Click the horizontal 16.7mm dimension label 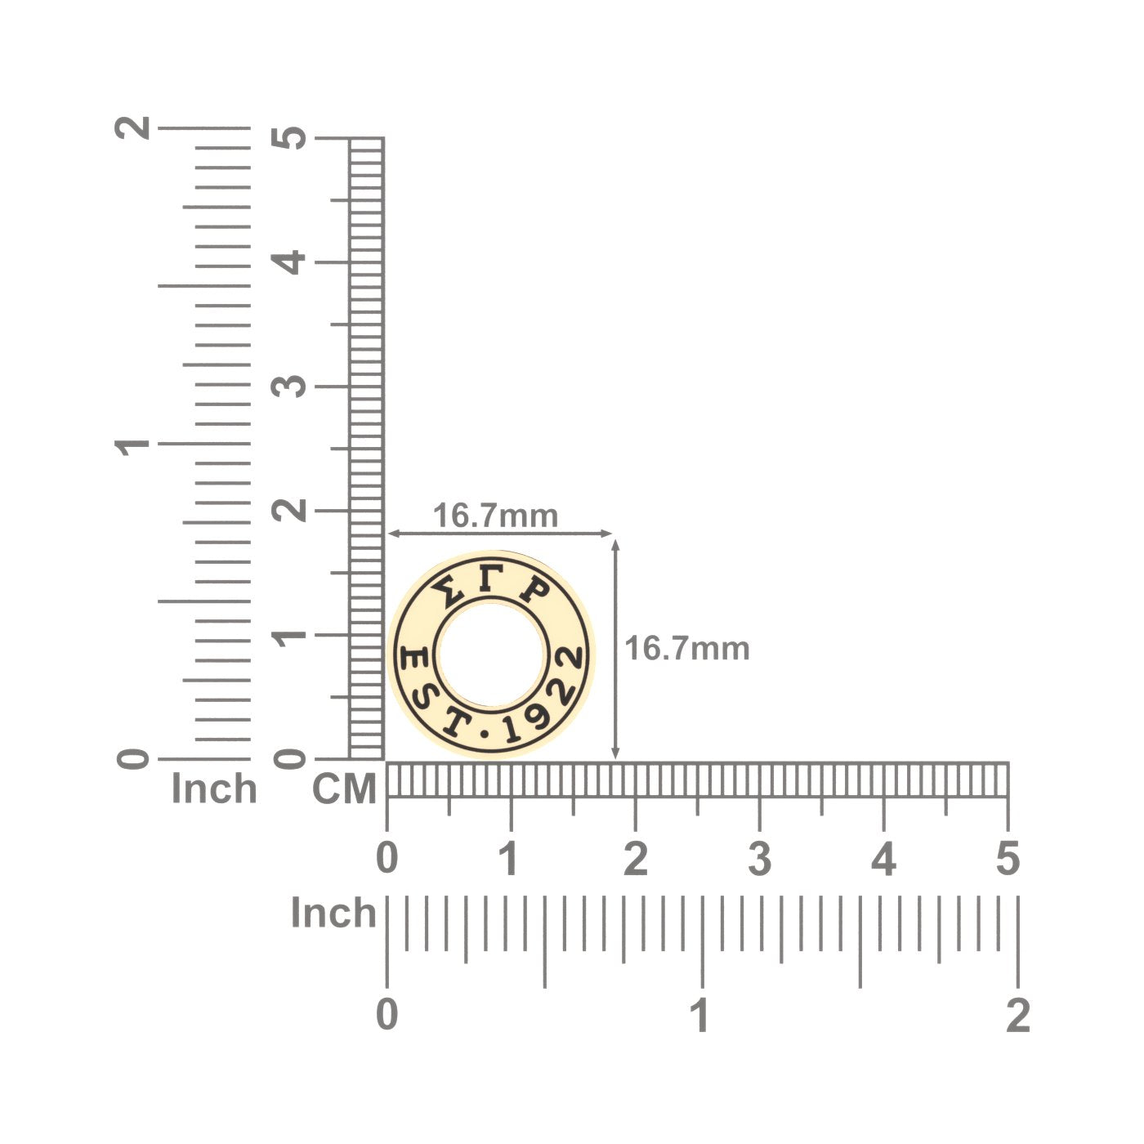coord(495,516)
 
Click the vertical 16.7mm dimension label coord(687,648)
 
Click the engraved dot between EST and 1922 coord(485,734)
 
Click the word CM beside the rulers coord(344,789)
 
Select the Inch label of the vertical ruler coord(214,789)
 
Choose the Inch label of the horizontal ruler coord(333,913)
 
